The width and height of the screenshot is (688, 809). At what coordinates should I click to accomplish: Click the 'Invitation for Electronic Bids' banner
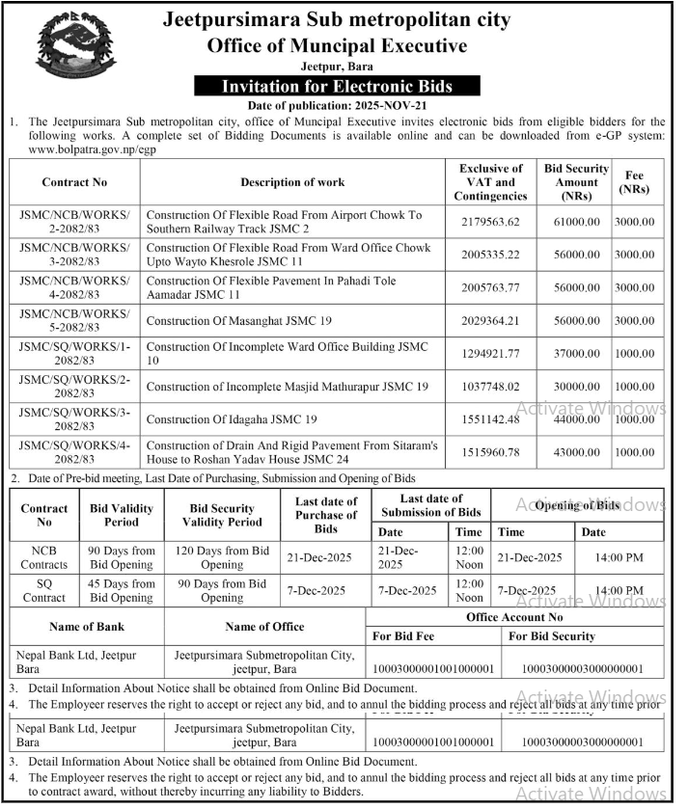point(337,86)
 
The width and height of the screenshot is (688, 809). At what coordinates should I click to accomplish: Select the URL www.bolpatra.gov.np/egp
point(93,150)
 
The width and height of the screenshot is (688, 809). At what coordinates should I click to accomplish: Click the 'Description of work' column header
point(292,181)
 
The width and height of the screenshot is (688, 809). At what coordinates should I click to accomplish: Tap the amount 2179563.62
point(490,222)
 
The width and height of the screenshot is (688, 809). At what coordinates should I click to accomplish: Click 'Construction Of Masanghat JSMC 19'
point(240,320)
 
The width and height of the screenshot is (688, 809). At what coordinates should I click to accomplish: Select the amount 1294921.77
point(490,353)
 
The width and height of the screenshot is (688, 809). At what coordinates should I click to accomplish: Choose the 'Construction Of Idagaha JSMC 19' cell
point(232,418)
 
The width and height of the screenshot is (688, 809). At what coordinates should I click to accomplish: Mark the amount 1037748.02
point(490,386)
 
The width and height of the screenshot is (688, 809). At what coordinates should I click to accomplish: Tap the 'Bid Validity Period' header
point(122,515)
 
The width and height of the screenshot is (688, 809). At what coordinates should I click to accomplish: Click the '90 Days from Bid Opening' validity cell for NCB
point(122,557)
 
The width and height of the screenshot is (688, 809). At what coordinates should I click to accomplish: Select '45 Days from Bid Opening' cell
point(122,590)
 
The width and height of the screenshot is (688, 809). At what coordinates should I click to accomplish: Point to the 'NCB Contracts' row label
point(44,557)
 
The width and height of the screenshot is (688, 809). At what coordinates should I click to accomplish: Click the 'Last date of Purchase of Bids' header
point(326,515)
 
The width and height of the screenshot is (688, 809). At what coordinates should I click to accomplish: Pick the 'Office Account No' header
point(514,617)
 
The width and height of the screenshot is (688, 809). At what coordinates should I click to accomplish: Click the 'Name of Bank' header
point(87,627)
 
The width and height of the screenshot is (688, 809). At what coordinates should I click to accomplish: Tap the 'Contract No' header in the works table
point(74,181)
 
